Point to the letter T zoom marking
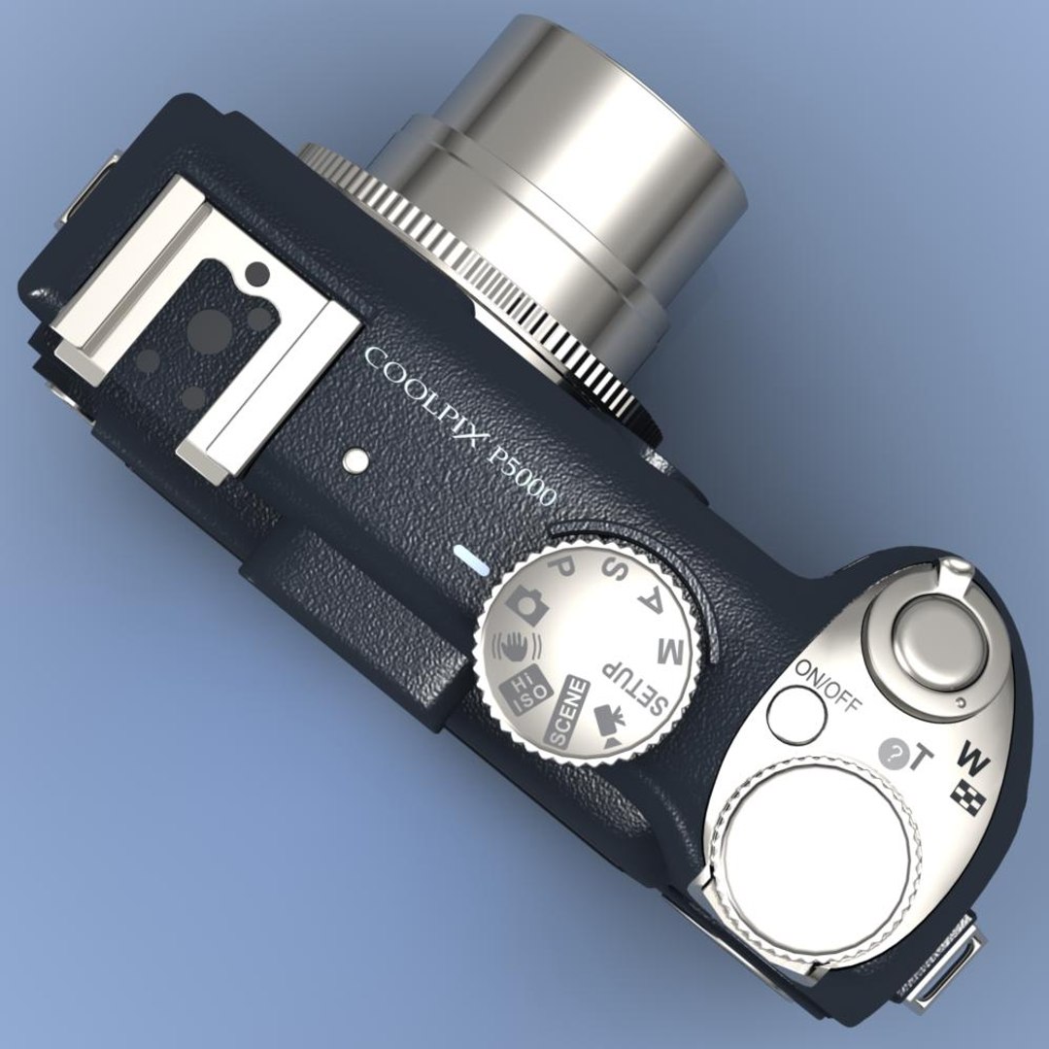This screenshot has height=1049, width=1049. (917, 759)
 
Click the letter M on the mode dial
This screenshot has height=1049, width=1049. (671, 652)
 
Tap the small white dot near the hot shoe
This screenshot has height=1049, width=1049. (356, 460)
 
